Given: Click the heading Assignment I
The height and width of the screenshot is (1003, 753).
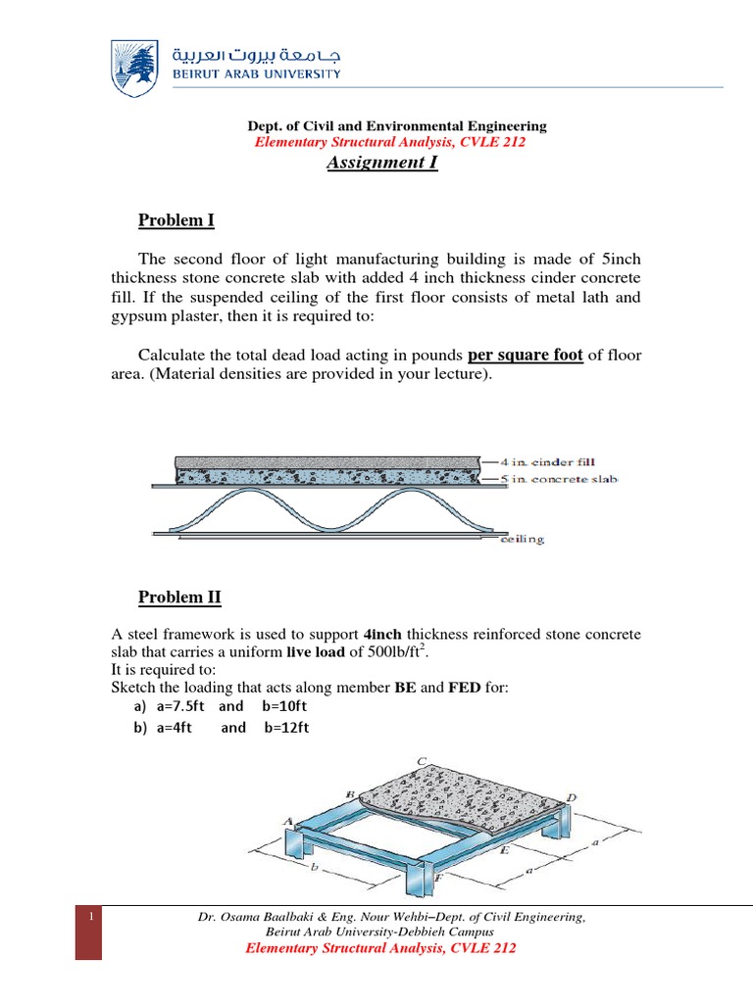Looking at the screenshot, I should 381,163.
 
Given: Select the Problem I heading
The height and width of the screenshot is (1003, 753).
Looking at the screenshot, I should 176,220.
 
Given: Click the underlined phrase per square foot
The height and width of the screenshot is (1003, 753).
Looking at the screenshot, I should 527,356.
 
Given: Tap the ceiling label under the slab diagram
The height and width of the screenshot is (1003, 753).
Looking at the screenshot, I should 523,539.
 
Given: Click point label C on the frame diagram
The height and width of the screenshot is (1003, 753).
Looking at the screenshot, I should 422,761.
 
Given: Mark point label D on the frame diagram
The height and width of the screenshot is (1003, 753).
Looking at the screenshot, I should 572,797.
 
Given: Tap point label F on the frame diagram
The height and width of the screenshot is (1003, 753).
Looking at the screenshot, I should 437,878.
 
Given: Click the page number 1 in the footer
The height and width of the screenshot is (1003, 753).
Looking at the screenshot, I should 88,917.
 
